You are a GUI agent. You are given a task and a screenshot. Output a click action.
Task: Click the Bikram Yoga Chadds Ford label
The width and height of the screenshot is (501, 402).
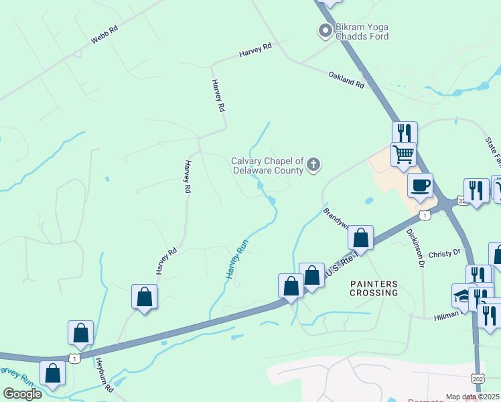click(x=362, y=31)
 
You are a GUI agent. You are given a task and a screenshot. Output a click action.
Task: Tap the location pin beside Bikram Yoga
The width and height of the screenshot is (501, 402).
click(x=325, y=30)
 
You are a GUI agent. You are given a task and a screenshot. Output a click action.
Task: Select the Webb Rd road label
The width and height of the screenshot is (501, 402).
click(x=104, y=36)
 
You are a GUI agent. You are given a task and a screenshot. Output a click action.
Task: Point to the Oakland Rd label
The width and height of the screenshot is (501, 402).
click(x=346, y=80)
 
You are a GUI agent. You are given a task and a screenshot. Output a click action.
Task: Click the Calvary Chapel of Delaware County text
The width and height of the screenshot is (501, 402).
click(x=268, y=165)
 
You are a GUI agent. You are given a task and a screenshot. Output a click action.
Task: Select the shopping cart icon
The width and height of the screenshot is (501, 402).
click(x=403, y=153)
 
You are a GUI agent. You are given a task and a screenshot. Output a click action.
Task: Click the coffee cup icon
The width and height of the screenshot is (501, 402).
click(x=420, y=185)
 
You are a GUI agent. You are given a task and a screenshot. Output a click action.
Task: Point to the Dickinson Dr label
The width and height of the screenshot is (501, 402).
click(x=415, y=249)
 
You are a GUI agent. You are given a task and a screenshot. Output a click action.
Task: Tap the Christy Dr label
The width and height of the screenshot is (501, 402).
click(x=445, y=253)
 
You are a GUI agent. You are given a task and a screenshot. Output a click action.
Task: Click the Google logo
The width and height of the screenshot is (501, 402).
click(x=22, y=394)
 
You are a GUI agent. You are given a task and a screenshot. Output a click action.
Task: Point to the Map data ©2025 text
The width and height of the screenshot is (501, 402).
click(x=472, y=397)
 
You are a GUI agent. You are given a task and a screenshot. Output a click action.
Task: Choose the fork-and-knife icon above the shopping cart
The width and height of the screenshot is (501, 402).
click(x=405, y=132)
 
